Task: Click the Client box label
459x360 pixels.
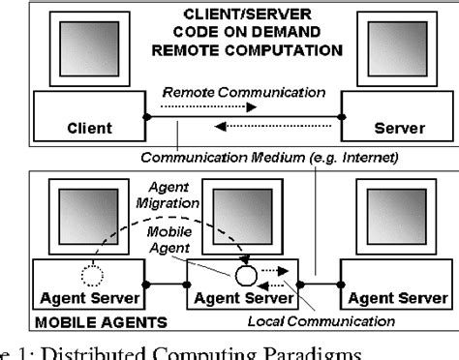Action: click(89, 127)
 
